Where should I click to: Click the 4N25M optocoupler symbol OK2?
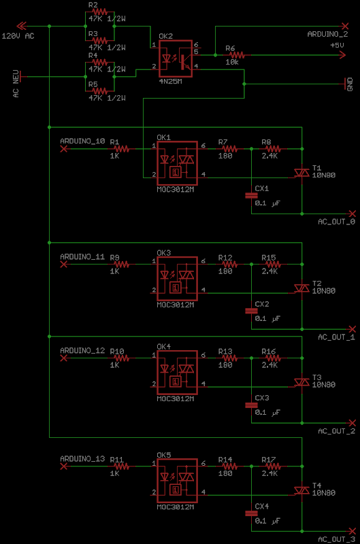pos(176,58)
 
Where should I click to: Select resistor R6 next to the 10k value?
pos(236,55)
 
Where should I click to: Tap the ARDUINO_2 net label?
pos(327,34)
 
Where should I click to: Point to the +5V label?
pos(337,45)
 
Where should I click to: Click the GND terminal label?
pos(350,84)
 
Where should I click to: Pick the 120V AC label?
pos(18,36)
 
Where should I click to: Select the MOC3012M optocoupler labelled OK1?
pos(177,163)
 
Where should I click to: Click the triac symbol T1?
pos(301,173)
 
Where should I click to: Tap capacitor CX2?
pos(251,311)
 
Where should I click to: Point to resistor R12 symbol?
pos(229,265)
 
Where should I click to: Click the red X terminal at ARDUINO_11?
pos(63,265)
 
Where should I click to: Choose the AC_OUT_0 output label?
pos(336,222)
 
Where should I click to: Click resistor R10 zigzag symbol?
pos(121,358)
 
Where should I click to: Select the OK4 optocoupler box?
pos(177,373)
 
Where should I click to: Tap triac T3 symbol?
pos(301,382)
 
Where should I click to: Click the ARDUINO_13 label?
pos(82,458)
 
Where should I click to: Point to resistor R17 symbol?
pos(272,466)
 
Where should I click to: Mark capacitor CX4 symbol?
pos(251,513)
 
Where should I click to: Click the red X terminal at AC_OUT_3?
pos(352,531)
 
